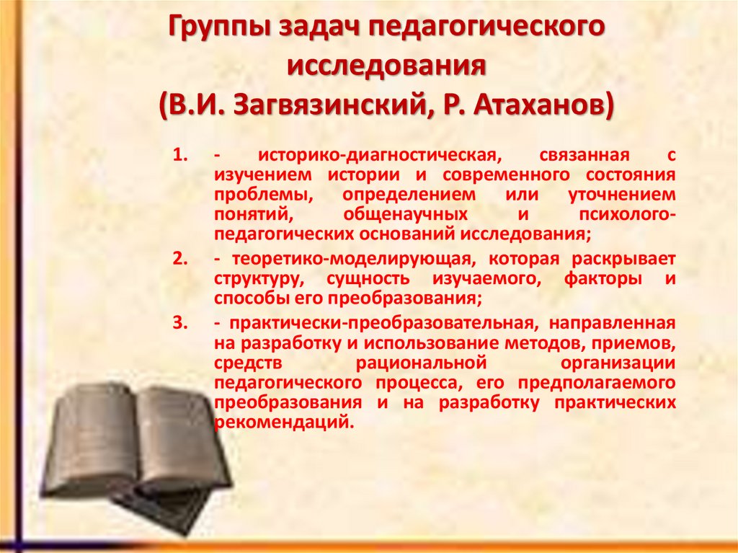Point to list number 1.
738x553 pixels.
click(x=180, y=156)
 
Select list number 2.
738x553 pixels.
click(x=180, y=259)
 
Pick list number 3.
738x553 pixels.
click(x=180, y=322)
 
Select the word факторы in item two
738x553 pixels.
click(x=592, y=278)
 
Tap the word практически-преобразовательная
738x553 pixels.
click(x=375, y=322)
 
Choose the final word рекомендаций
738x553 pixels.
click(x=284, y=422)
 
